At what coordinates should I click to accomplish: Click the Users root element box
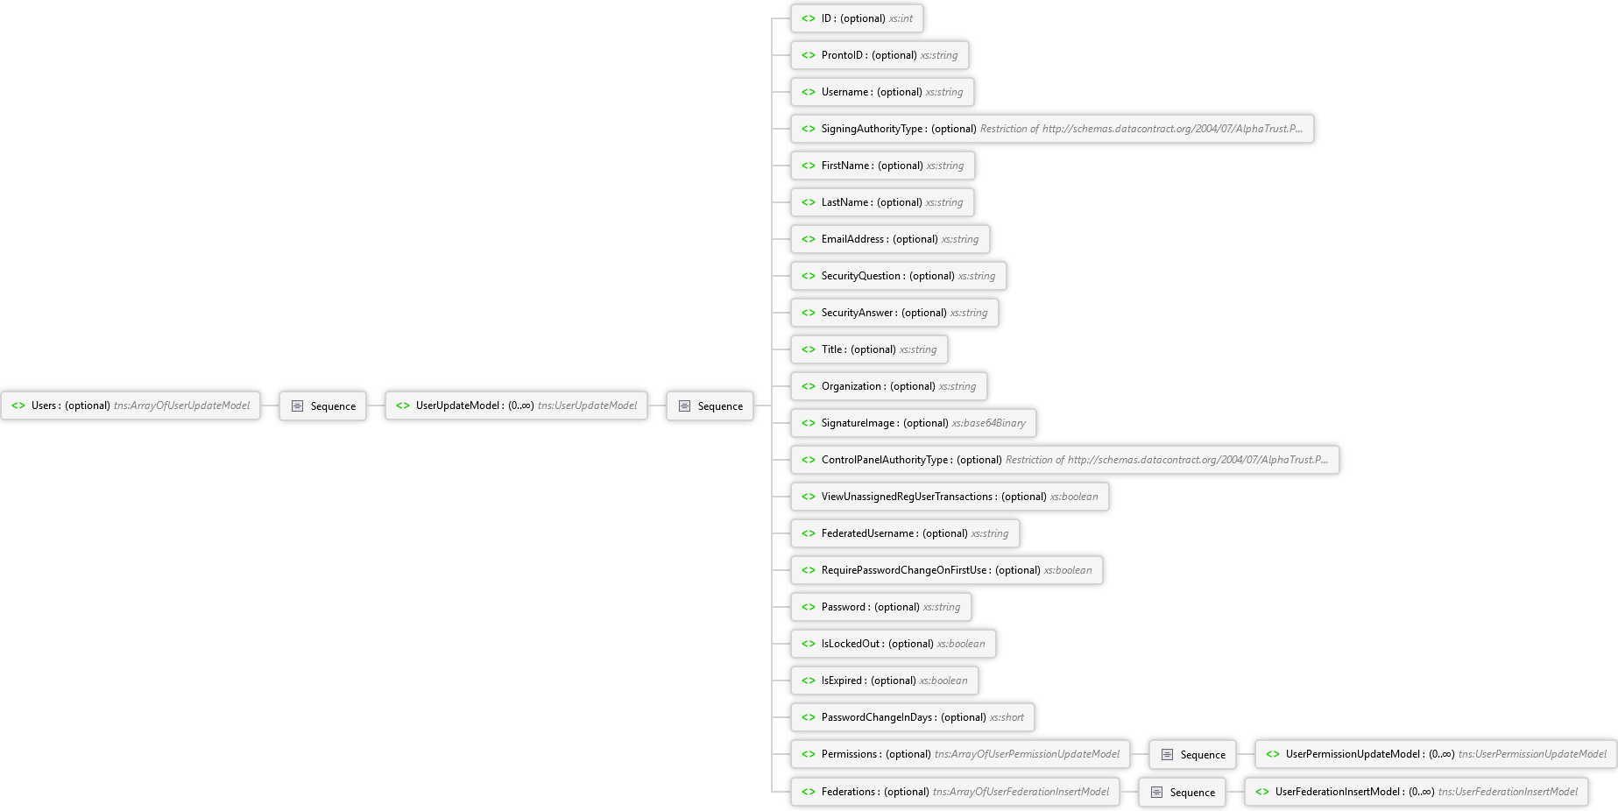pos(131,405)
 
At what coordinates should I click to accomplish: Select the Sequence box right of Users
pos(323,405)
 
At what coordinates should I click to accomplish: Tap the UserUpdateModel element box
pos(517,405)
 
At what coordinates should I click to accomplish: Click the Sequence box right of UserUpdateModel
pos(710,405)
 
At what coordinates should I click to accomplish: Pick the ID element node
pos(858,18)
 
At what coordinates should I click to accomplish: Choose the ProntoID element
pos(880,55)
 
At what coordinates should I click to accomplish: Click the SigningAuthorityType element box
pos(1053,129)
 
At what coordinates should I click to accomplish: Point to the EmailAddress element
pos(891,239)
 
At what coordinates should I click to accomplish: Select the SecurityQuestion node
pos(899,276)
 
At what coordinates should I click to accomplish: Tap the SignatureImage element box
pos(914,423)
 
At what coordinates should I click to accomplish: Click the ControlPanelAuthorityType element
pos(1065,460)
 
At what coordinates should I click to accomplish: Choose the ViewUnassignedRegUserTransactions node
pos(950,497)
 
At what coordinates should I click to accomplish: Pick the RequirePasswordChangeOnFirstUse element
pos(947,570)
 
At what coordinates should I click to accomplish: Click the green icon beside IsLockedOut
pos(809,644)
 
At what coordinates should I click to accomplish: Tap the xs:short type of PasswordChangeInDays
pos(1007,717)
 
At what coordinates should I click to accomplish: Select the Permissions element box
pos(961,754)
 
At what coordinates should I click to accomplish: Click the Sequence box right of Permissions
pos(1193,754)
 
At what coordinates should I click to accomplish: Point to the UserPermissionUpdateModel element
pos(1437,754)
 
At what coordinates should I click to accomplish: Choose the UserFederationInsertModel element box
pos(1417,792)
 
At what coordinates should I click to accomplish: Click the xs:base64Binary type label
pos(989,423)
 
